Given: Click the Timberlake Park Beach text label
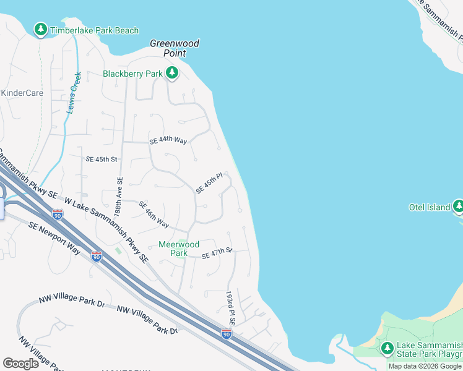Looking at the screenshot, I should tap(94, 30).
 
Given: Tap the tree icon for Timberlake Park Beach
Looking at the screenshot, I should tap(41, 29).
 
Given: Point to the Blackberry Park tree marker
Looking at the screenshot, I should tap(172, 74).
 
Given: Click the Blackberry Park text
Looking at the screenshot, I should tap(132, 74).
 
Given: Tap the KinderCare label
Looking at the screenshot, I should tap(22, 93).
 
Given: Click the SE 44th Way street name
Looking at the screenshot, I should tap(168, 140).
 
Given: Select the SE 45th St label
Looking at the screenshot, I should tap(102, 159).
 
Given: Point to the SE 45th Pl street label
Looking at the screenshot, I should tap(209, 184).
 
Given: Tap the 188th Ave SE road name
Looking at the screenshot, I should tap(120, 197).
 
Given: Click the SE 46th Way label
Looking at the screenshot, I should tap(154, 214).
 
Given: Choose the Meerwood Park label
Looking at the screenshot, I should tap(179, 249).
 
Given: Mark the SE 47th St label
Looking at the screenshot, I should tap(216, 253).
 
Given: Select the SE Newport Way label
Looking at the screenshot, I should tap(54, 237).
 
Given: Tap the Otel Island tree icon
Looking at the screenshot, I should tap(458, 206).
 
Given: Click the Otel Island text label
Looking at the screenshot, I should tap(430, 207).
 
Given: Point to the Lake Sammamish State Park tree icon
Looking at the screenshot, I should tap(387, 348).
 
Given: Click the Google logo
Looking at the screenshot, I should tap(21, 364).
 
